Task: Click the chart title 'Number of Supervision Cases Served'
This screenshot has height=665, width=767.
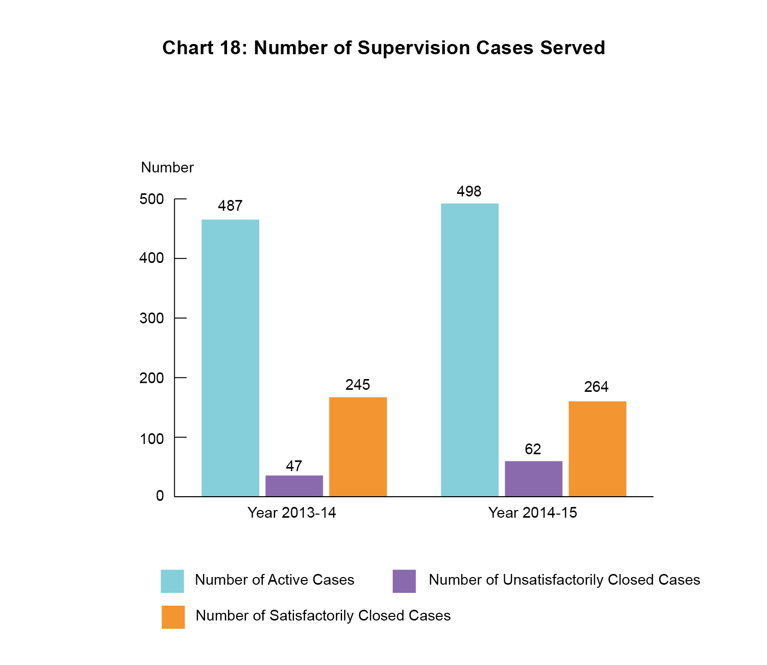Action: [383, 48]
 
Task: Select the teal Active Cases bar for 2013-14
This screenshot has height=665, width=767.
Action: [230, 358]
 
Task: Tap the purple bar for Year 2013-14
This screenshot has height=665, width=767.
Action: [294, 485]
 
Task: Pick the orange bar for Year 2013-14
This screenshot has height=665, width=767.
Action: [358, 447]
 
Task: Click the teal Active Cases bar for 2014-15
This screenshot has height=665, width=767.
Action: [469, 350]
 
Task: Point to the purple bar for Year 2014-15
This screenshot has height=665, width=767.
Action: [533, 478]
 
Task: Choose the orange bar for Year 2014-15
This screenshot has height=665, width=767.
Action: [597, 449]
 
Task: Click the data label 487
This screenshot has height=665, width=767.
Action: [230, 206]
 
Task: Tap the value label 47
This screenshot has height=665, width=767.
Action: [294, 466]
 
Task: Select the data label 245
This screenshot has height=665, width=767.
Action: [357, 385]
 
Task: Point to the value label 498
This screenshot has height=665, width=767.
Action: [469, 191]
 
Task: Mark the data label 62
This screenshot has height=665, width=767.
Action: [533, 449]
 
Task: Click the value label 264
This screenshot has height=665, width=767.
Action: [596, 387]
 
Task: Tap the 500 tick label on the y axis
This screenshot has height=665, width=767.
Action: [152, 199]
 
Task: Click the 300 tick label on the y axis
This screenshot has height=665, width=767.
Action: [152, 318]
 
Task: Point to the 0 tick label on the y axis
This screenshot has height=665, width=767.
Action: [160, 496]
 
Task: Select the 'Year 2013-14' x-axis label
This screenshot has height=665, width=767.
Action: [292, 513]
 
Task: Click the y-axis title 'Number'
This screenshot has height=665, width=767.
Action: [167, 167]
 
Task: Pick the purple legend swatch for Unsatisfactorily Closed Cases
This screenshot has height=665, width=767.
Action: [404, 581]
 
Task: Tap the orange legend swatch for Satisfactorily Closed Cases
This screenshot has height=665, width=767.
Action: [173, 617]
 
